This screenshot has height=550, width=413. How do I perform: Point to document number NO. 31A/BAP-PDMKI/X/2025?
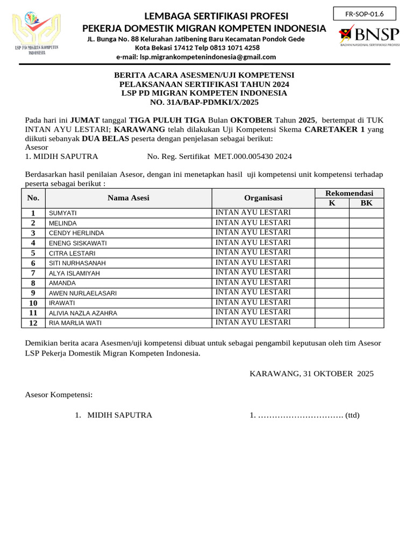[204, 102]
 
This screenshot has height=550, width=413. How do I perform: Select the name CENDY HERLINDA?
[76, 233]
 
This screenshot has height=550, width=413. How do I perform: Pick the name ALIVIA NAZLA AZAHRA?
[83, 313]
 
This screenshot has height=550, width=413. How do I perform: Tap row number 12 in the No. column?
[33, 323]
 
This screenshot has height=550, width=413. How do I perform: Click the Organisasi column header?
[263, 198]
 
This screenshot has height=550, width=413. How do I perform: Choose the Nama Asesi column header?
[129, 198]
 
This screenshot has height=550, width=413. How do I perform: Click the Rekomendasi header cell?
[349, 193]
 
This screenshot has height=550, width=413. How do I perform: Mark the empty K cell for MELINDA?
[332, 223]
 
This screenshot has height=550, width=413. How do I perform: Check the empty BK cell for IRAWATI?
[366, 303]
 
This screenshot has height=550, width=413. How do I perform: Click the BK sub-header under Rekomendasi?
[366, 203]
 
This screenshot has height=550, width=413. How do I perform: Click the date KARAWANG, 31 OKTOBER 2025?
[311, 373]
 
